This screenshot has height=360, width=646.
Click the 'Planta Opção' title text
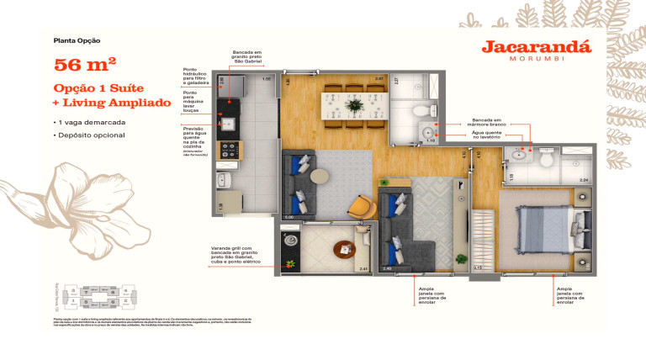77,40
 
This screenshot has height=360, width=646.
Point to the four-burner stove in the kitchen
228,150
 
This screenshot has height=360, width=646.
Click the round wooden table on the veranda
344,250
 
